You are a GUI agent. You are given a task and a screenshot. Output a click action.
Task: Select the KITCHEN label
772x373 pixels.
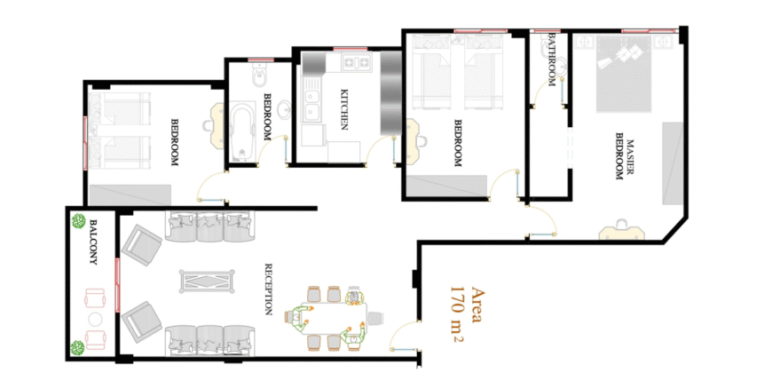(344, 109)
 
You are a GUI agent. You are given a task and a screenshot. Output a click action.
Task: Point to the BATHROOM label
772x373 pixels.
(552, 60)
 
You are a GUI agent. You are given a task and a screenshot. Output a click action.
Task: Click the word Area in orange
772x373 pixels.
(477, 304)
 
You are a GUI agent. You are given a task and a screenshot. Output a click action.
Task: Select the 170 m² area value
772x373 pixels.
(456, 313)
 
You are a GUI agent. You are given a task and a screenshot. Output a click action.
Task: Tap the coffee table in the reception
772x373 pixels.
(207, 281)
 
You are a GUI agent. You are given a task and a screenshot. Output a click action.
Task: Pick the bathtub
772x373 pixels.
(241, 132)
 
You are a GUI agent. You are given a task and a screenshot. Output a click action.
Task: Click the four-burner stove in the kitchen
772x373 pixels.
(357, 62)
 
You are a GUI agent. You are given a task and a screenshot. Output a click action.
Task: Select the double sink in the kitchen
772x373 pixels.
(311, 104)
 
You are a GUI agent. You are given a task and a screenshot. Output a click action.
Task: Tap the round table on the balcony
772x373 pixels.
(96, 319)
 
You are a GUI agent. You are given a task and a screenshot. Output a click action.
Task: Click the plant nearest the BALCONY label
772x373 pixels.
(79, 221)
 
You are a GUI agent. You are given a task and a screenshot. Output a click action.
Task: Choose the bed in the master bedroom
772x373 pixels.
(626, 73)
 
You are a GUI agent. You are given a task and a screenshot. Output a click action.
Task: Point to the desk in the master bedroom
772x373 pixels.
(622, 232)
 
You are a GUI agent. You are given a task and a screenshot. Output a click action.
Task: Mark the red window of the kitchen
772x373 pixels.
(350, 48)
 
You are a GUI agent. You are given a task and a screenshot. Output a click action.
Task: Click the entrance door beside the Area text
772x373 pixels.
(405, 336)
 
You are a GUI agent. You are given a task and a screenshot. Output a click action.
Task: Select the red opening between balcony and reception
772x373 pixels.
(117, 284)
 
